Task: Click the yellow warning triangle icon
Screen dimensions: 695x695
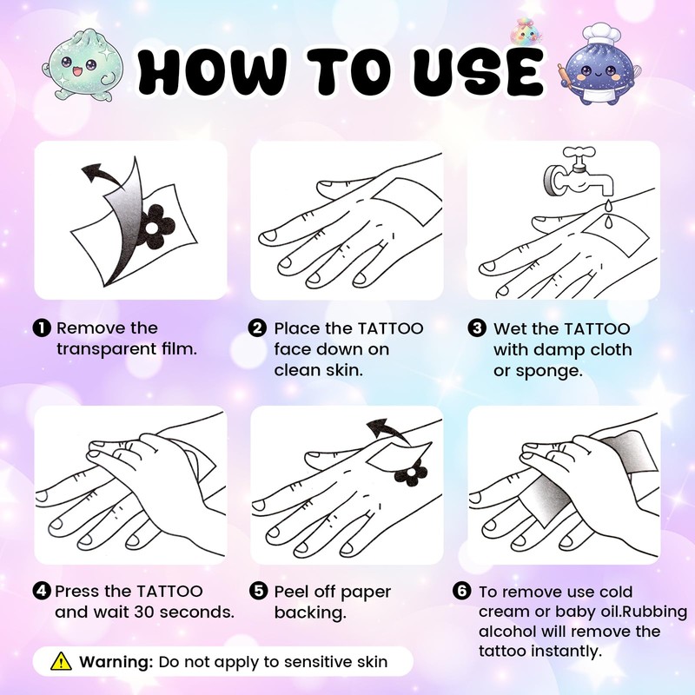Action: tap(61, 661)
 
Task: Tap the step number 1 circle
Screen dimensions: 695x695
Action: tap(41, 328)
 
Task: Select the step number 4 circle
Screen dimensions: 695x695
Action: tap(42, 591)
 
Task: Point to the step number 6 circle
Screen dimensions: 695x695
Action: tap(462, 591)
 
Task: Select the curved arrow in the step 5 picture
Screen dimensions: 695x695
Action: tap(387, 428)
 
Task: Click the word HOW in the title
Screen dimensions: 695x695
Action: tap(212, 71)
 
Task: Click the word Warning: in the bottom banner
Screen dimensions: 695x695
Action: tap(116, 662)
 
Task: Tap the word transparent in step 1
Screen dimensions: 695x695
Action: tap(105, 349)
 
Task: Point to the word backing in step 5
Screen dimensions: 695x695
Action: tap(309, 614)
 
